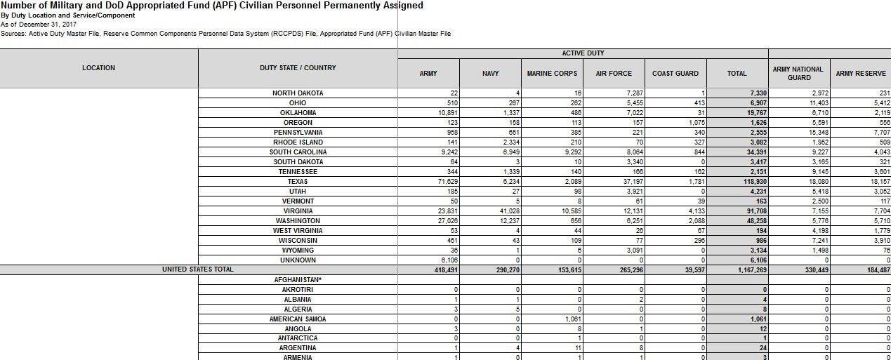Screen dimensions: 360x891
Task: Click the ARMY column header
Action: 428,73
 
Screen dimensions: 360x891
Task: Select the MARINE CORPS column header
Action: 552,73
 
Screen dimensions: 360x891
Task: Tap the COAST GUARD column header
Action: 675,73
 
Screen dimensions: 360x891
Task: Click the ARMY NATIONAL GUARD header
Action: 798,73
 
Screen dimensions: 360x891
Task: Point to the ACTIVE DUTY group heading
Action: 583,53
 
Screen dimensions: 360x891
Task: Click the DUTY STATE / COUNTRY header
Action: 298,68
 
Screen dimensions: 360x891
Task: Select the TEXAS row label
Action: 298,182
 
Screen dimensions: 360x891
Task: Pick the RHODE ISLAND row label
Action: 298,142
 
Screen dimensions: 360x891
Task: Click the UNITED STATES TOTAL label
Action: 197,269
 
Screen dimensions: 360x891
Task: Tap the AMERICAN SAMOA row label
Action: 298,319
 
